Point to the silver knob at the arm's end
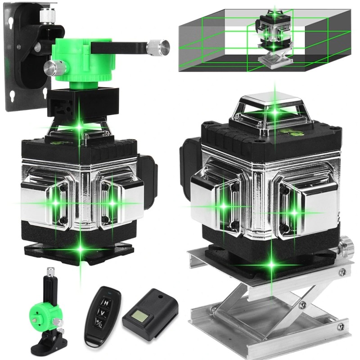[158, 46]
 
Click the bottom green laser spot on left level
[80, 247]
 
